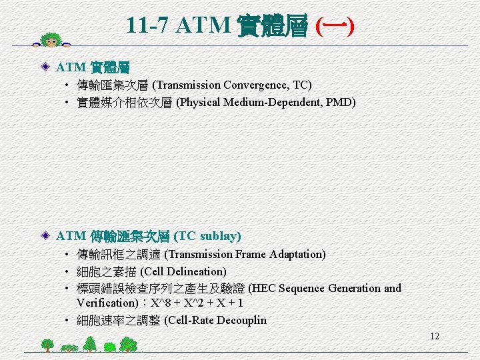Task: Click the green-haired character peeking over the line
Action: [x=52, y=39]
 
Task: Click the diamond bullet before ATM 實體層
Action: [x=46, y=67]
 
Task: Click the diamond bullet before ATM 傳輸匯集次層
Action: [x=46, y=236]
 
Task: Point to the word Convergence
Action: [x=257, y=85]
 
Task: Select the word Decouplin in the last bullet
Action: [x=239, y=320]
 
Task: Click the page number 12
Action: [x=435, y=336]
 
